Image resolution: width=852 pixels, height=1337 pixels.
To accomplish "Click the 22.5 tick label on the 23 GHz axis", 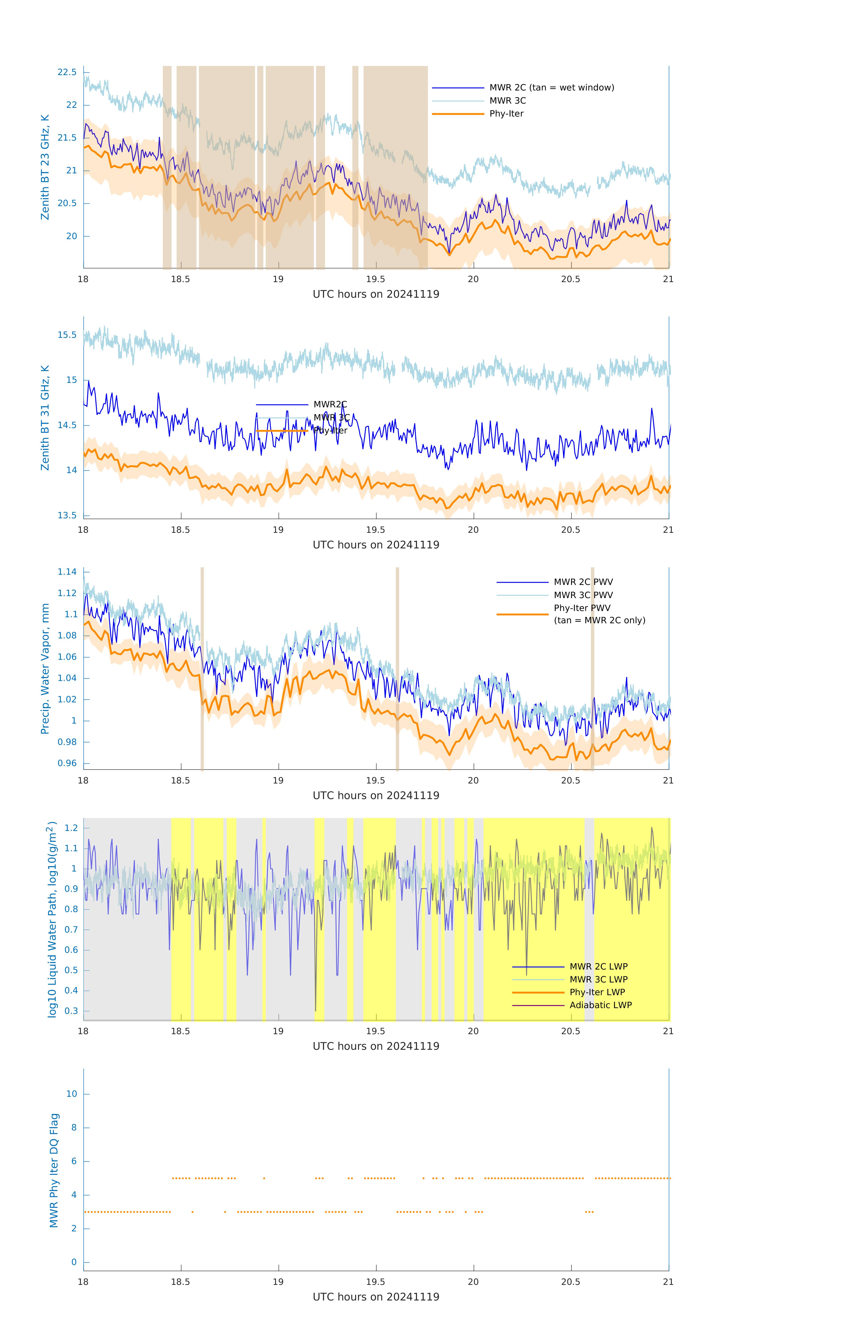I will [67, 72].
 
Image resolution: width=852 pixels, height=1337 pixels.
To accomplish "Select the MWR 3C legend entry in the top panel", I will [507, 100].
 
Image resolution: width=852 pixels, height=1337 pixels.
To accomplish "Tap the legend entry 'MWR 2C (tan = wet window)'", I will [551, 88].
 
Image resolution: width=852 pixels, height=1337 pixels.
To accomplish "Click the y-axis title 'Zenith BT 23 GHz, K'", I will [45, 167].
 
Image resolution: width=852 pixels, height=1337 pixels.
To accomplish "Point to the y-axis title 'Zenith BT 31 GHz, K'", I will [45, 418].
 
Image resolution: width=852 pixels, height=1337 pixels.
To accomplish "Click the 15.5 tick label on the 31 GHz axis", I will [67, 335].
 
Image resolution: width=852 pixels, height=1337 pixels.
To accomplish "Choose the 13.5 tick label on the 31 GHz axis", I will [67, 515].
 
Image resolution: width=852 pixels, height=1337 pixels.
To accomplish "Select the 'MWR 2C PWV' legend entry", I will [583, 582].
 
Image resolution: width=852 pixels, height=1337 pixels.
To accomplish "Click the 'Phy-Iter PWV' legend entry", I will [582, 608].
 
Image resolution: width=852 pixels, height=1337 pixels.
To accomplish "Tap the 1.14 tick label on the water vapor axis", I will [67, 572].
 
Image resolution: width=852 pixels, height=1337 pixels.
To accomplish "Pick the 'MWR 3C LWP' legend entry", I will [598, 979].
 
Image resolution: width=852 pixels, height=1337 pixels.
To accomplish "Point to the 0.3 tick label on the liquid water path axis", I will [70, 1011].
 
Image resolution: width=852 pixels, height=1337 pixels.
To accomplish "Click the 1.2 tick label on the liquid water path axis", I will [70, 828].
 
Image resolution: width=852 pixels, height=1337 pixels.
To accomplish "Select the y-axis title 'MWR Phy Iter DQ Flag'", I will [54, 1170].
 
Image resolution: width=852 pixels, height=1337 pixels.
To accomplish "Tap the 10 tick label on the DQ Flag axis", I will [72, 1094].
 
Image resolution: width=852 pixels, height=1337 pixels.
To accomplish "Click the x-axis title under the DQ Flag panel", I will [376, 1297].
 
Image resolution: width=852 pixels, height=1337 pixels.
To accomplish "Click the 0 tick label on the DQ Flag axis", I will [74, 1262].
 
